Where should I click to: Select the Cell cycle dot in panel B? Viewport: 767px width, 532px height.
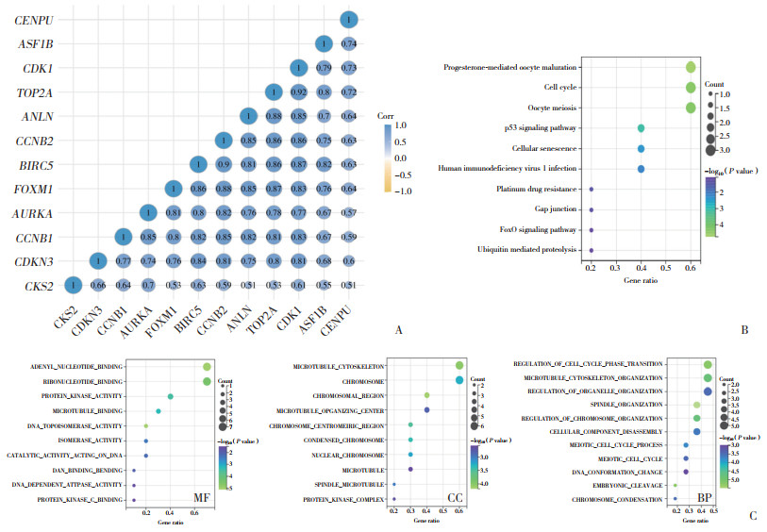pos(692,88)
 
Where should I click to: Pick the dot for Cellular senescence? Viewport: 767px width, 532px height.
pos(642,148)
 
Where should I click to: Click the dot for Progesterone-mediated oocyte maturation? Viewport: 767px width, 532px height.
pos(692,67)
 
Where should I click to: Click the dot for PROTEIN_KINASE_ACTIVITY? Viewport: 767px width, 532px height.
pos(171,396)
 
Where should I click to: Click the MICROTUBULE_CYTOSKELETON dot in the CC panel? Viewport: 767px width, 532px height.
pos(459,366)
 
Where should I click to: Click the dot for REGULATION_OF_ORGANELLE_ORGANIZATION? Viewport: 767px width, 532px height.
pos(708,391)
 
